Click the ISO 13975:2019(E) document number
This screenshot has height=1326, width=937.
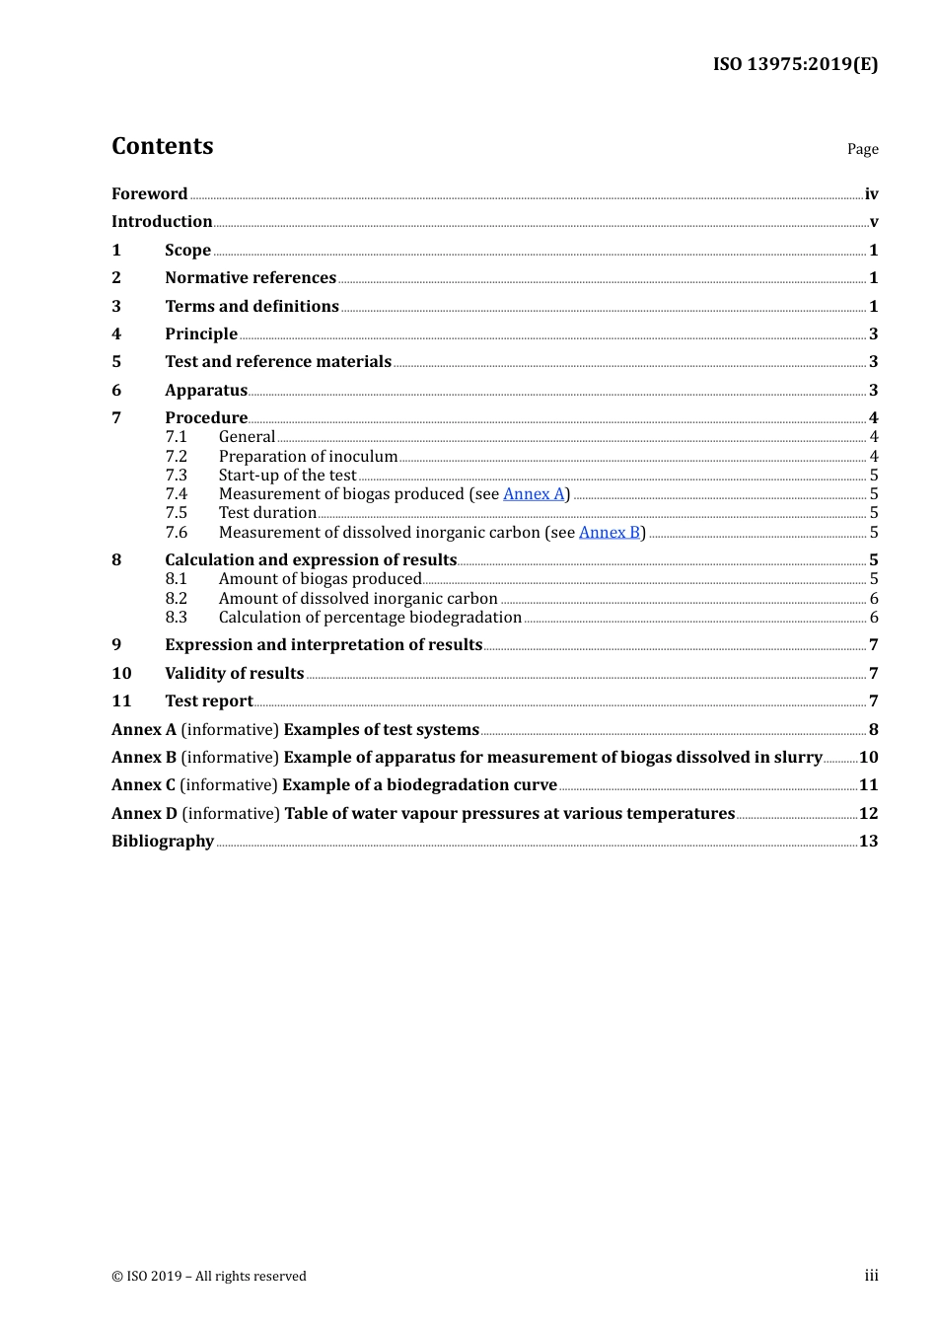coord(795,64)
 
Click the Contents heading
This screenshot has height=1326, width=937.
coord(163,146)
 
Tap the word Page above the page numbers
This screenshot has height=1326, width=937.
coord(862,149)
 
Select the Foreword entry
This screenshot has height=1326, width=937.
coord(149,194)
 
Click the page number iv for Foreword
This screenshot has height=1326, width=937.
coord(871,194)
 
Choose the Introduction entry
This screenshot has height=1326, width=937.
coord(162,222)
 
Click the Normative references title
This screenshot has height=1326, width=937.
coord(251,278)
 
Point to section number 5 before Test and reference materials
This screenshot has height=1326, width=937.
coord(116,362)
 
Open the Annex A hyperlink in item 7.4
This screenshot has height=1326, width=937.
coord(534,494)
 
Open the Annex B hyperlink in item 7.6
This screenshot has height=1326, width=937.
coord(610,533)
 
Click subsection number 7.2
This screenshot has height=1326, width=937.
coord(177,457)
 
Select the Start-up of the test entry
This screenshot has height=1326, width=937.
coord(287,476)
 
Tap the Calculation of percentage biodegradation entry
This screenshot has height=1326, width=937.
coord(370,618)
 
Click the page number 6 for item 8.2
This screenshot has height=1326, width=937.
coord(874,599)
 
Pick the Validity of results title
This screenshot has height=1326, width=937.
coord(235,674)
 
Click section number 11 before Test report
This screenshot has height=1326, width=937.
coord(121,701)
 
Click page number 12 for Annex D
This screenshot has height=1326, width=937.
coord(868,814)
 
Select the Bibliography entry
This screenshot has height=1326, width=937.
coord(163,842)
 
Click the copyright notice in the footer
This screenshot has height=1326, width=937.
coord(209,1277)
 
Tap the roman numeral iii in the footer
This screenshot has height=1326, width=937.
coord(871,1276)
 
